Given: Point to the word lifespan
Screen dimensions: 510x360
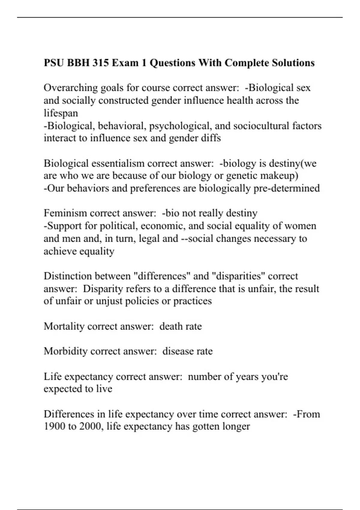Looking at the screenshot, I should (x=61, y=113).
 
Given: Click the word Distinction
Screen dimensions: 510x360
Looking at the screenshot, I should (x=68, y=276).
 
